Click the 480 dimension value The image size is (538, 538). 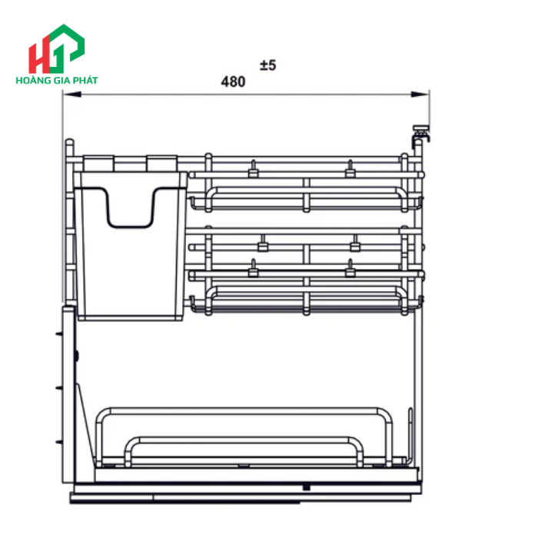click(x=233, y=81)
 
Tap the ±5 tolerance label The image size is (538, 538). click(x=267, y=66)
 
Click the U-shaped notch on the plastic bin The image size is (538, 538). click(x=131, y=211)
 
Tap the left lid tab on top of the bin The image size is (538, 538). click(x=98, y=163)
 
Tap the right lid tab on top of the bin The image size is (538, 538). click(x=161, y=163)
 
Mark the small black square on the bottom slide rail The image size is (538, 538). click(x=307, y=487)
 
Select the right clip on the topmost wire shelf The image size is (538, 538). click(x=350, y=168)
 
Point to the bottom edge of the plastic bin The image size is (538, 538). click(x=131, y=318)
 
